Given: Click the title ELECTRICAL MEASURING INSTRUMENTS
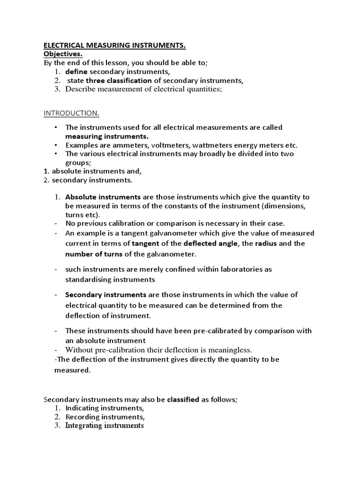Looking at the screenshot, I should click(115, 45).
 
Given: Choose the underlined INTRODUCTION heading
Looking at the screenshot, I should click(71, 113).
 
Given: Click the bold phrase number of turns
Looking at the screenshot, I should click(94, 254).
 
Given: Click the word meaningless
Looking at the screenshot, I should click(230, 350).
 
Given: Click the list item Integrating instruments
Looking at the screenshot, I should click(105, 426).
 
